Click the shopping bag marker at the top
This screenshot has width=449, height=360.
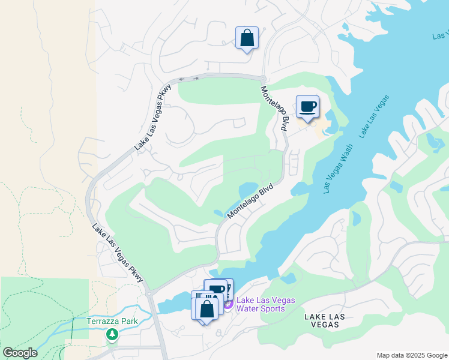(247, 38)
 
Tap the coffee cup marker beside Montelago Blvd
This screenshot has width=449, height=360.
(307, 107)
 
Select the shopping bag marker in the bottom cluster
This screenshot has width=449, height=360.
(207, 308)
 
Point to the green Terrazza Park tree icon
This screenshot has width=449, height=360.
(112, 334)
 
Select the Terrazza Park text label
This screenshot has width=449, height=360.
(112, 321)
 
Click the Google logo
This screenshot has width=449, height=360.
(19, 353)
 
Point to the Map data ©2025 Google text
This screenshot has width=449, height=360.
(411, 355)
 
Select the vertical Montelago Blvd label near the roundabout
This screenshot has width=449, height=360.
(275, 109)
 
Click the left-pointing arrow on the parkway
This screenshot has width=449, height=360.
(181, 79)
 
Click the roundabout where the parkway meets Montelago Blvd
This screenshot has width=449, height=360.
(263, 78)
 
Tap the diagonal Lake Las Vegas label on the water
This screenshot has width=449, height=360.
(375, 116)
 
